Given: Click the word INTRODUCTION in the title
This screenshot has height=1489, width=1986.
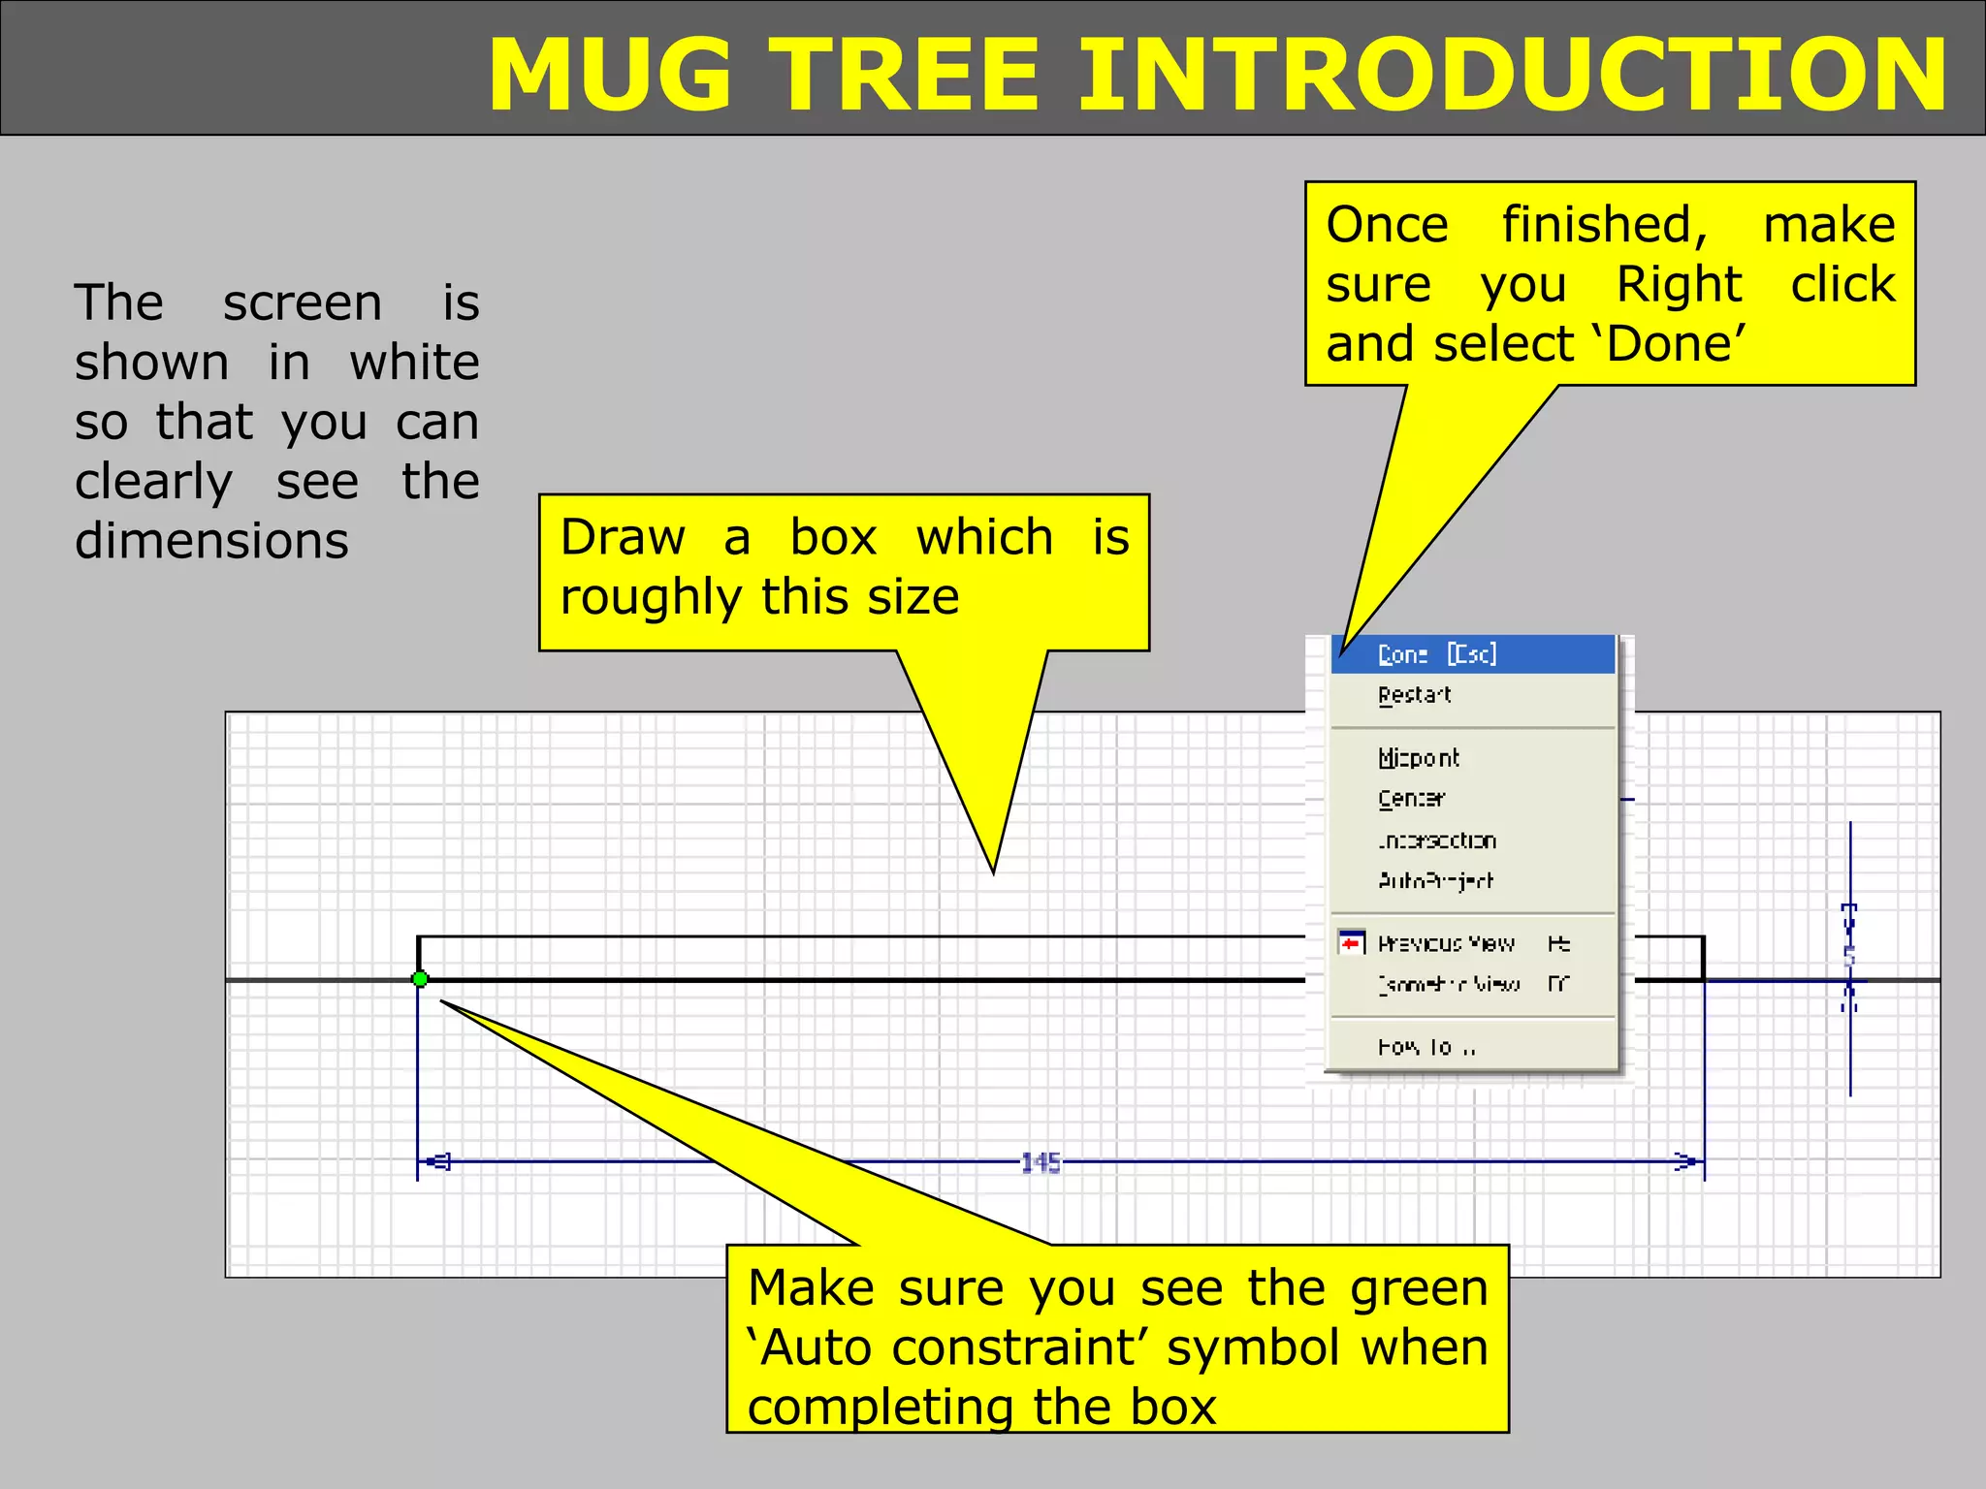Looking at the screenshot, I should (1511, 76).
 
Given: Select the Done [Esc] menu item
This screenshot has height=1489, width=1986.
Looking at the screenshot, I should (1436, 655).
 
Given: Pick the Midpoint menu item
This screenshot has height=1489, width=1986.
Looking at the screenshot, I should (1418, 758).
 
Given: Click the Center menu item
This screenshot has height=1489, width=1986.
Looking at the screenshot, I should (1411, 799).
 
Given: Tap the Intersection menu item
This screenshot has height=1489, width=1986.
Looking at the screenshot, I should (1436, 840).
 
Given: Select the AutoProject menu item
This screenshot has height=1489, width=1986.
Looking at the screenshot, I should (1435, 881).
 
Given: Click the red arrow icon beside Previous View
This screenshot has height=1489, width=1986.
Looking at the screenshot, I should (1351, 942).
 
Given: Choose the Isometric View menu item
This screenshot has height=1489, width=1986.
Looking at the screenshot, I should (1448, 985).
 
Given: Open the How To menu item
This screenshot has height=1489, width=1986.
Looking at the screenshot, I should (1425, 1047).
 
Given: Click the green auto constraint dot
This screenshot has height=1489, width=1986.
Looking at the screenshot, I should (420, 979).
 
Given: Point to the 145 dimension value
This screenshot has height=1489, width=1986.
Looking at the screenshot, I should (1041, 1162).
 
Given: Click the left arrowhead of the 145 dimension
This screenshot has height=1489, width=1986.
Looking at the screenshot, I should (438, 1160).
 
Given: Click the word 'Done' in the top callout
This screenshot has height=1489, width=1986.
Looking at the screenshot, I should (1675, 344).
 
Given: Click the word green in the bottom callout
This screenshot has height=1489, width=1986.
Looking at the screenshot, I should (1419, 1289).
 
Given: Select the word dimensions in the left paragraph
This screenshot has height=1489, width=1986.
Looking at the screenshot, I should (211, 541).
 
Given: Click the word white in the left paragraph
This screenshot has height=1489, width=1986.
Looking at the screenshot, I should (414, 363).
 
